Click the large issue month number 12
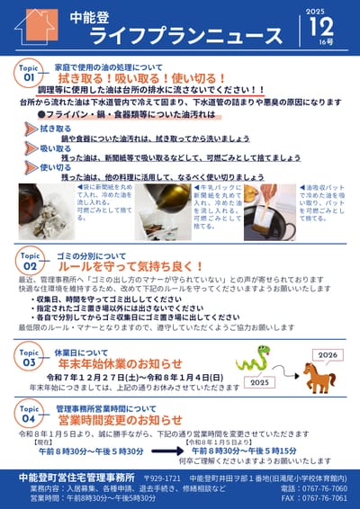click(x=321, y=30)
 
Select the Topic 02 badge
click(x=29, y=263)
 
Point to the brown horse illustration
click(x=318, y=377)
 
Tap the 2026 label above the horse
click(x=327, y=354)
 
